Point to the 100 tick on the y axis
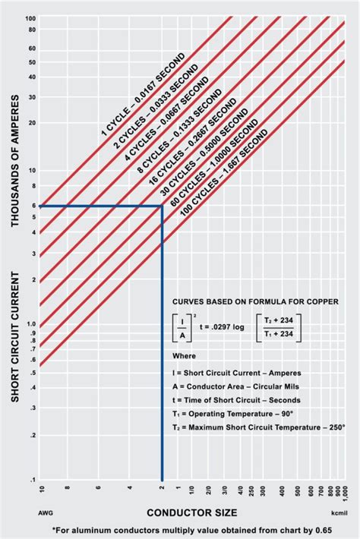[x=30, y=18]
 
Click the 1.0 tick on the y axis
[x=31, y=324]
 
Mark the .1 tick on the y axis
[x=33, y=480]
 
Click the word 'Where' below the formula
[x=183, y=355]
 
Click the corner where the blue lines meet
[x=162, y=206]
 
